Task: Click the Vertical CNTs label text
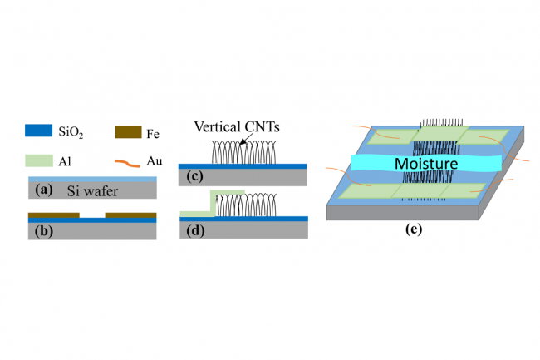[237, 128]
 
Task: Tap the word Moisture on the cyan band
[426, 165]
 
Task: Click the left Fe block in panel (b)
[53, 215]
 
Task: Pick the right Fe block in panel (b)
[131, 215]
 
